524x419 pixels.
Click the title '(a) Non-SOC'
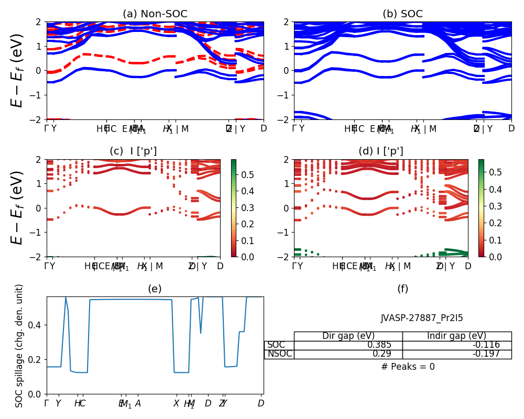click(155, 14)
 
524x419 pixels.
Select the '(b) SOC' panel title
click(402, 14)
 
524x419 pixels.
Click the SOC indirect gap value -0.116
click(485, 345)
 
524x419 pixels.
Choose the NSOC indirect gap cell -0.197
click(485, 354)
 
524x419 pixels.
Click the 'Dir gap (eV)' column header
click(348, 336)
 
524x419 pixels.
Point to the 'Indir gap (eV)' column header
click(456, 336)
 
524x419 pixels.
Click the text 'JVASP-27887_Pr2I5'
click(422, 318)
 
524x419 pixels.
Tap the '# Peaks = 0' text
click(408, 367)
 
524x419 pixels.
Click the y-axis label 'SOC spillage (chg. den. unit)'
click(19, 346)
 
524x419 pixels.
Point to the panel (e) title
click(155, 289)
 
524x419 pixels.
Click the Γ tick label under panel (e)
click(47, 403)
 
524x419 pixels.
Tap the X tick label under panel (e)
click(176, 403)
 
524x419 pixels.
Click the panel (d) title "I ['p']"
click(381, 151)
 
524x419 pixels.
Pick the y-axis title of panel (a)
click(17, 70)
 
